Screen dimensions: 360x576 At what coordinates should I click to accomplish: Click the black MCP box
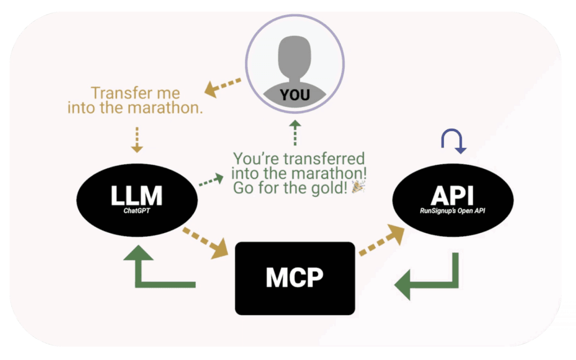(295, 278)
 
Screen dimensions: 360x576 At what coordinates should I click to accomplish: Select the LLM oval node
(136, 197)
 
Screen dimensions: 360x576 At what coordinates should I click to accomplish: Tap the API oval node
(452, 197)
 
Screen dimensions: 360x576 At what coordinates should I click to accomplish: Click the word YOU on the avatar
(295, 95)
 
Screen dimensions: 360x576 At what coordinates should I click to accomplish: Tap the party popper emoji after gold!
(357, 188)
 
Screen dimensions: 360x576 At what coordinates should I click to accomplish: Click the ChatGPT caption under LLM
(137, 213)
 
